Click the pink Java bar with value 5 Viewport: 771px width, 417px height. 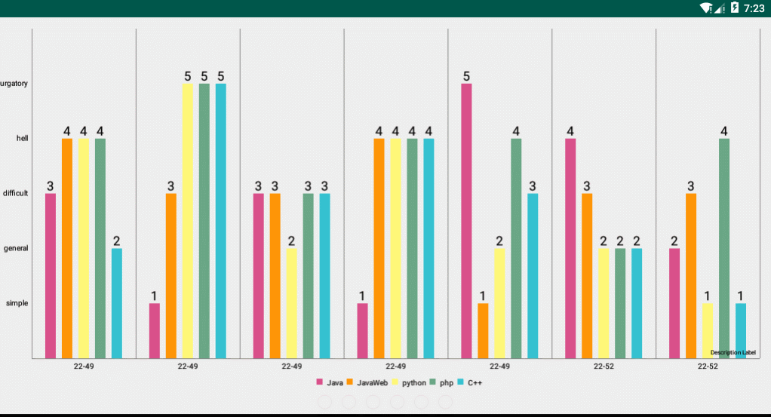pyautogui.click(x=466, y=220)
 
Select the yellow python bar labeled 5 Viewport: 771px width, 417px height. pyautogui.click(x=188, y=220)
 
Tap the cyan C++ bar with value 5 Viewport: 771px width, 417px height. pyautogui.click(x=221, y=220)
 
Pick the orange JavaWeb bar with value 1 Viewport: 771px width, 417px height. pyautogui.click(x=483, y=330)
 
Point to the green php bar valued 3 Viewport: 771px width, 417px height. pyautogui.click(x=308, y=275)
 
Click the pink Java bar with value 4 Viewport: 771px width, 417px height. pyautogui.click(x=570, y=248)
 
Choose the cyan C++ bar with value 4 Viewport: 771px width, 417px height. pyautogui.click(x=429, y=248)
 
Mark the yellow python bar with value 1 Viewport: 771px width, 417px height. pyautogui.click(x=708, y=330)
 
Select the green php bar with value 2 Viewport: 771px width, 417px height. pyautogui.click(x=620, y=303)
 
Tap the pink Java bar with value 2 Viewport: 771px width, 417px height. pyautogui.click(x=674, y=303)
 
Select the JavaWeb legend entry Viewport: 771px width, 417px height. pyautogui.click(x=367, y=383)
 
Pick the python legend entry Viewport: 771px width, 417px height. pyautogui.click(x=408, y=383)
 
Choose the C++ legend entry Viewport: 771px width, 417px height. pyautogui.click(x=469, y=383)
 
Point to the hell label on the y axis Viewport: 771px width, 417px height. pyautogui.click(x=22, y=139)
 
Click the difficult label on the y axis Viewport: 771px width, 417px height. pyautogui.click(x=16, y=194)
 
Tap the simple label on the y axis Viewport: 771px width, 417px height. pyautogui.click(x=17, y=303)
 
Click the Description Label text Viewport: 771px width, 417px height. pyautogui.click(x=733, y=352)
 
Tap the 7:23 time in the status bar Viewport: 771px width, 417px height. pyautogui.click(x=754, y=8)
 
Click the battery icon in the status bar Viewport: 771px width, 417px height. pyautogui.click(x=734, y=8)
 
